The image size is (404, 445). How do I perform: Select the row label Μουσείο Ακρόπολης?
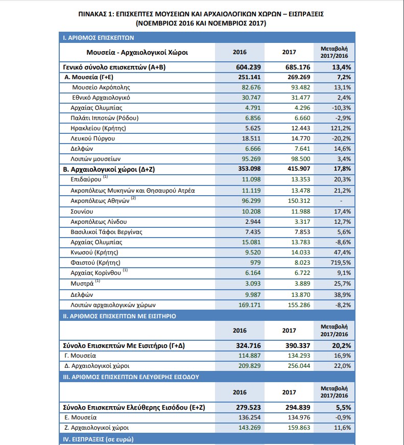(x=101, y=87)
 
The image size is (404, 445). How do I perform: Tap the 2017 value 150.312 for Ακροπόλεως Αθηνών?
(x=299, y=201)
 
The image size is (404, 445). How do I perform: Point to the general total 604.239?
(x=248, y=67)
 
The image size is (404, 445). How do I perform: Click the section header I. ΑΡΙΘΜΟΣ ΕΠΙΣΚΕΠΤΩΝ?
(x=99, y=38)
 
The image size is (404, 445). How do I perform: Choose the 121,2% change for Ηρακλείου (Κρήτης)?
(x=341, y=128)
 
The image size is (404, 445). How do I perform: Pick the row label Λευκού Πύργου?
(x=93, y=138)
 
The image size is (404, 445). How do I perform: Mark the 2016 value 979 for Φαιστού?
(x=255, y=263)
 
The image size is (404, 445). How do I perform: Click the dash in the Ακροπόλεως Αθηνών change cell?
(x=341, y=201)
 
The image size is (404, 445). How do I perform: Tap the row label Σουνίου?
(x=82, y=212)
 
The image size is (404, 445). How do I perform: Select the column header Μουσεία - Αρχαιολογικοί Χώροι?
(x=137, y=53)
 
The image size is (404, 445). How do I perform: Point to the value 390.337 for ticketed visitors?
(x=298, y=346)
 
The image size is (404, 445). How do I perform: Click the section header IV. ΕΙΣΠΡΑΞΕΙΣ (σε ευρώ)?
(x=98, y=439)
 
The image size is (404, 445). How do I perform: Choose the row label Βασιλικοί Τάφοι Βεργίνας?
(x=106, y=232)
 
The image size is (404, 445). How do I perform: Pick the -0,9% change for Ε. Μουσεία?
(x=343, y=417)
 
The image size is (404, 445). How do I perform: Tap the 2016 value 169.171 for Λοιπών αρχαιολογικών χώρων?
(x=249, y=305)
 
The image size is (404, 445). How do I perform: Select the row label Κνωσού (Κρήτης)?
(x=94, y=252)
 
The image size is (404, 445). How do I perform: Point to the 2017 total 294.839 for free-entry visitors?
(x=298, y=408)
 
